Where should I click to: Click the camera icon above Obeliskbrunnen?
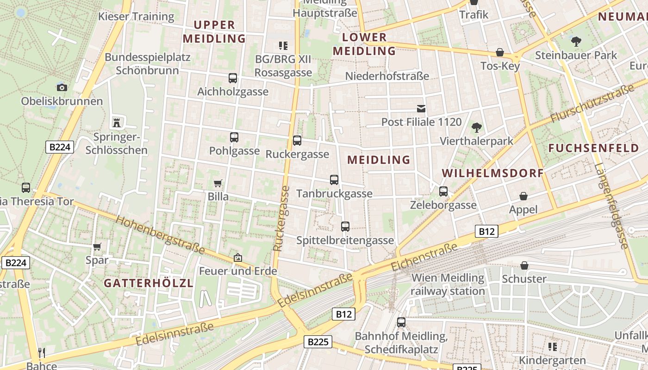pyautogui.click(x=62, y=87)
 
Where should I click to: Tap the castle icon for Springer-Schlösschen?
pyautogui.click(x=116, y=123)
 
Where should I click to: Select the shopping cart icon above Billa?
pyautogui.click(x=218, y=183)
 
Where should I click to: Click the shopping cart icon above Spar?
pyautogui.click(x=97, y=247)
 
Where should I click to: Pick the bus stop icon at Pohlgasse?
pyautogui.click(x=234, y=137)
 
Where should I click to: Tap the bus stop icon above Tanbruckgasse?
pyautogui.click(x=334, y=180)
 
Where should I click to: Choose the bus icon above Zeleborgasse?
pyautogui.click(x=443, y=191)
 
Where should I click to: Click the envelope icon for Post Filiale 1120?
pyautogui.click(x=421, y=109)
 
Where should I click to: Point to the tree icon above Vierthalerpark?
pyautogui.click(x=476, y=128)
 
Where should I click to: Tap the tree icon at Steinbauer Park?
pyautogui.click(x=576, y=42)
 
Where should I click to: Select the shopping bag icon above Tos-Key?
pyautogui.click(x=500, y=52)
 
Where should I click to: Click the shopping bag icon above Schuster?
pyautogui.click(x=524, y=265)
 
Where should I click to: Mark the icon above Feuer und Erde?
pyautogui.click(x=238, y=258)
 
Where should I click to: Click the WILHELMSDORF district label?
pyautogui.click(x=492, y=173)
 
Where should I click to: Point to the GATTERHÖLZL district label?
pyautogui.click(x=148, y=283)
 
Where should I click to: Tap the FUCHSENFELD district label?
pyautogui.click(x=594, y=148)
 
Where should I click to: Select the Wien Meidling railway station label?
pyautogui.click(x=448, y=284)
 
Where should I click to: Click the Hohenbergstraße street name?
pyautogui.click(x=160, y=235)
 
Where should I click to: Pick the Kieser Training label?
pyautogui.click(x=136, y=17)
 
